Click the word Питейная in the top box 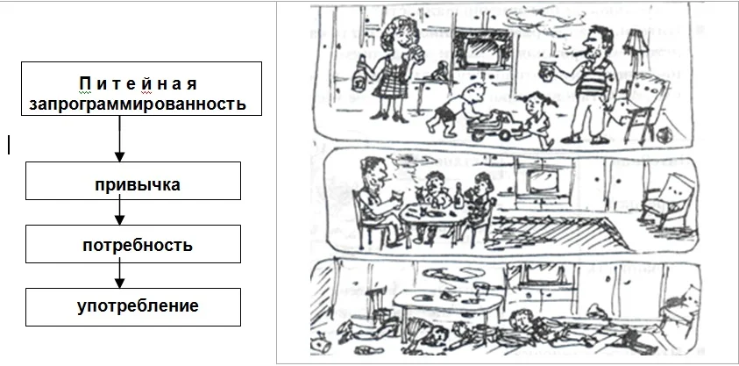tap(138, 84)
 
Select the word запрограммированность tap(138, 104)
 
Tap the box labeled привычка tap(133, 181)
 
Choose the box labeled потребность tap(133, 244)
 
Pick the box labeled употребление tap(133, 307)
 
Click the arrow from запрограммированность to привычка tap(120, 139)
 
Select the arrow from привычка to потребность tap(120, 212)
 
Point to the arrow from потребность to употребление tap(120, 276)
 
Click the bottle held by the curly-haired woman tap(361, 73)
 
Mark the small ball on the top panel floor tap(664, 134)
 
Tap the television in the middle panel tap(541, 181)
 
